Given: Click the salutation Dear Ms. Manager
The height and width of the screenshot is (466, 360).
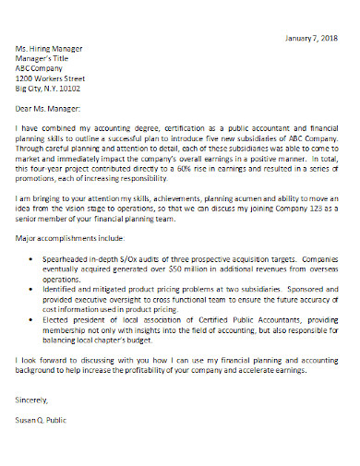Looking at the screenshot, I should [x=51, y=110].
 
